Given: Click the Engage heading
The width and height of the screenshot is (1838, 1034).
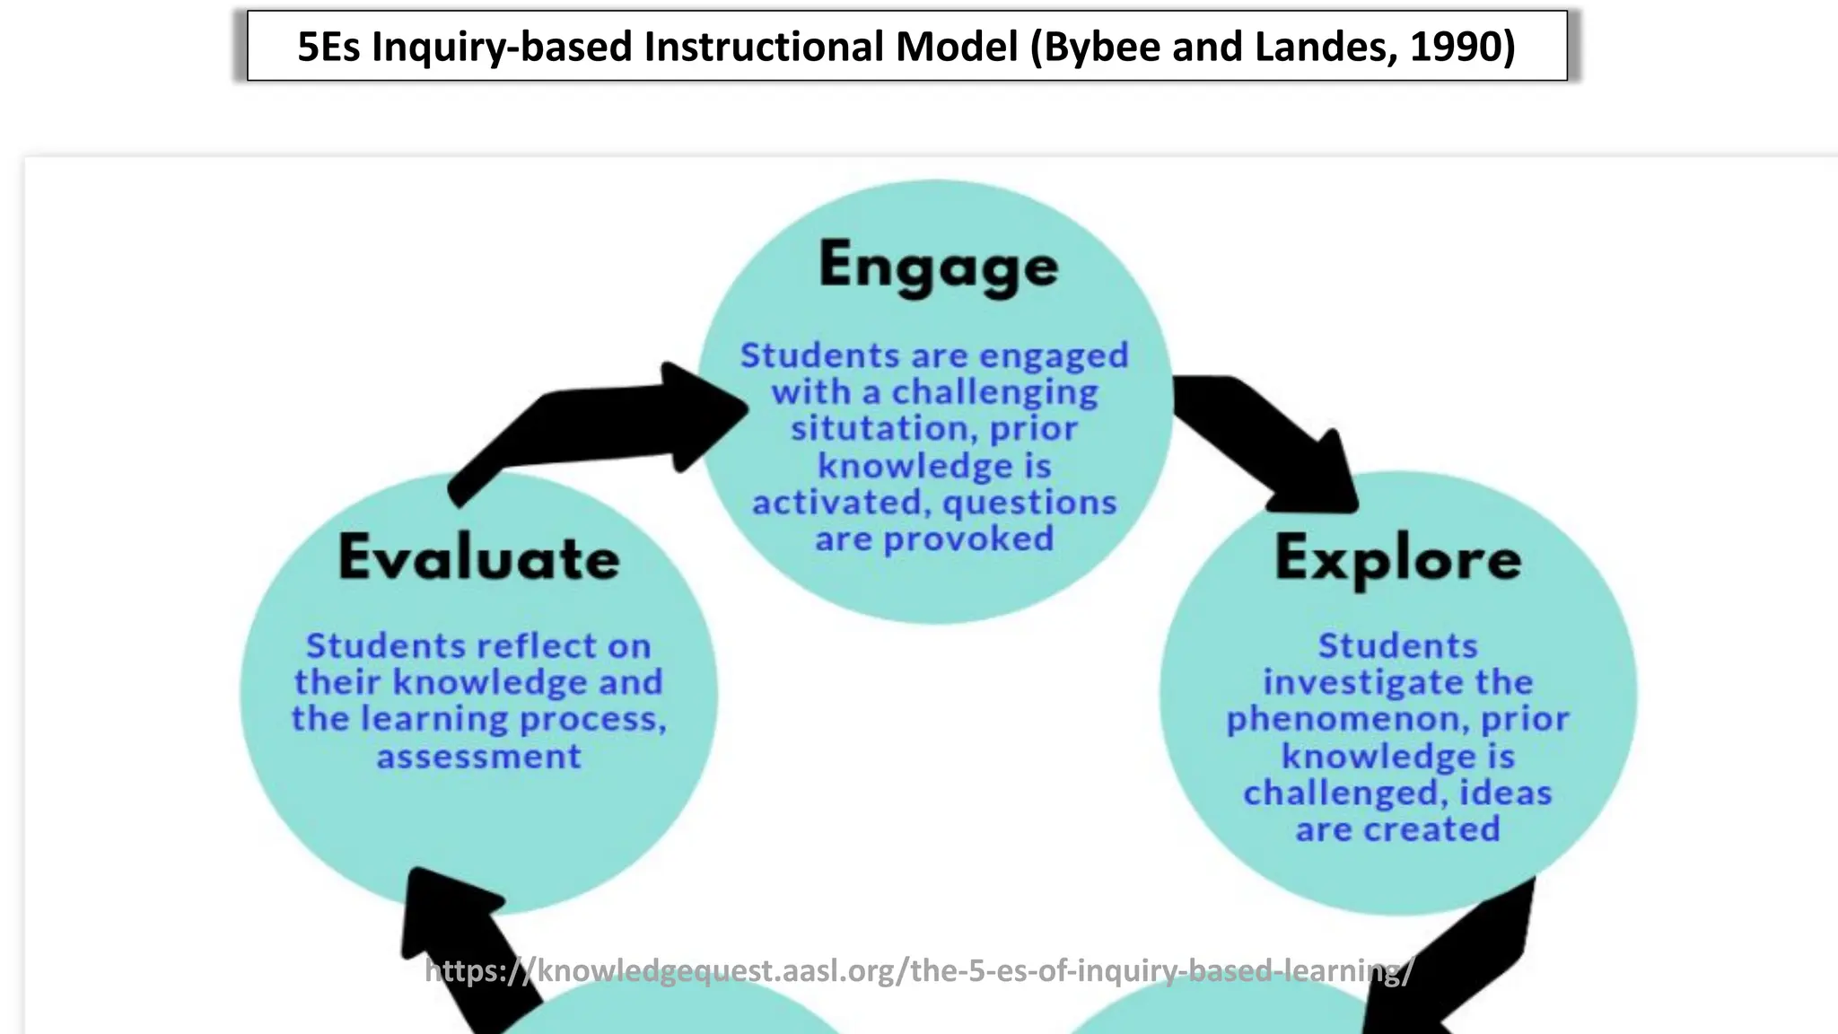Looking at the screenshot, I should tap(938, 267).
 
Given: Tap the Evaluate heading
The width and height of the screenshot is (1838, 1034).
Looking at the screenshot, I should tap(478, 557).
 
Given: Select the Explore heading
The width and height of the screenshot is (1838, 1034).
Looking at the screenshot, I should tap(1397, 557).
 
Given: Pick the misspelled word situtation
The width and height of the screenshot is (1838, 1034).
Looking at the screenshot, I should tap(883, 428).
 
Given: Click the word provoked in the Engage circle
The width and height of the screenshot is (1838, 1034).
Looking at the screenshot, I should tap(968, 539).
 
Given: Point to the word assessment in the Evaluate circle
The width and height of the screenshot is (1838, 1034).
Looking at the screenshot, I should tap(478, 757).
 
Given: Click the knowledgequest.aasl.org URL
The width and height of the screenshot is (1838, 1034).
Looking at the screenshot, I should tap(919, 970).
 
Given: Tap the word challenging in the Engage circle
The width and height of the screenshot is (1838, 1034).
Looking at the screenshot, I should tap(993, 392).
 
